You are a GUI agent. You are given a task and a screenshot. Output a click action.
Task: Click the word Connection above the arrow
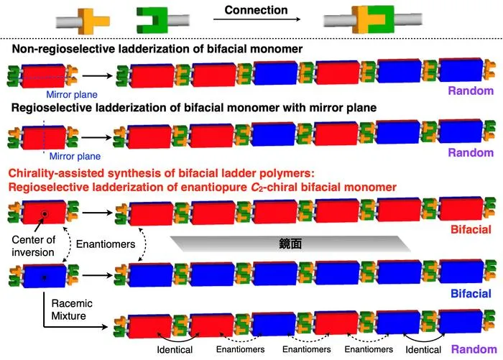click(x=256, y=10)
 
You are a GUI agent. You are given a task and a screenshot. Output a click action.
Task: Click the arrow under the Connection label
click(x=257, y=19)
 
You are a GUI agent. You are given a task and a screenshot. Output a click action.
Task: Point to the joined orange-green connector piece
click(x=373, y=19)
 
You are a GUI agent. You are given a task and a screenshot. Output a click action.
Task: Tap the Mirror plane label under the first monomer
click(x=72, y=94)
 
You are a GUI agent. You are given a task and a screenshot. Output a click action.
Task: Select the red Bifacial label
click(x=471, y=229)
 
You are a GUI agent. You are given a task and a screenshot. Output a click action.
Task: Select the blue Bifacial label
click(x=471, y=294)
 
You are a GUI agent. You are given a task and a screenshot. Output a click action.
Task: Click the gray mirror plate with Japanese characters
click(x=290, y=244)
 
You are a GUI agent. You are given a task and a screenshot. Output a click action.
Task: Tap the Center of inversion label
click(x=33, y=246)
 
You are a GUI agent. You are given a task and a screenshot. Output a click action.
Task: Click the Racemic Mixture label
click(x=72, y=310)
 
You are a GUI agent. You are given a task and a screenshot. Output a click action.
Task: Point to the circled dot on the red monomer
click(x=45, y=213)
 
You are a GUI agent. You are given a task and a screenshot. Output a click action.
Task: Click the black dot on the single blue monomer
click(x=45, y=277)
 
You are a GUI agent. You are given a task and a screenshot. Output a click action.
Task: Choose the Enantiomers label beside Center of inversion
click(x=106, y=244)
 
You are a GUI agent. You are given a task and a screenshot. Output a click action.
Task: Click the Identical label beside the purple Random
click(x=423, y=349)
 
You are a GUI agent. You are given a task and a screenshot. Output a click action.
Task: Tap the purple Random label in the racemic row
click(x=474, y=349)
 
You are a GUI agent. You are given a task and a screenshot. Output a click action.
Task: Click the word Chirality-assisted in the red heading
click(x=56, y=173)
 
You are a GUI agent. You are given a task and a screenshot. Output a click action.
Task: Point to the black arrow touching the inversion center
click(x=38, y=224)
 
